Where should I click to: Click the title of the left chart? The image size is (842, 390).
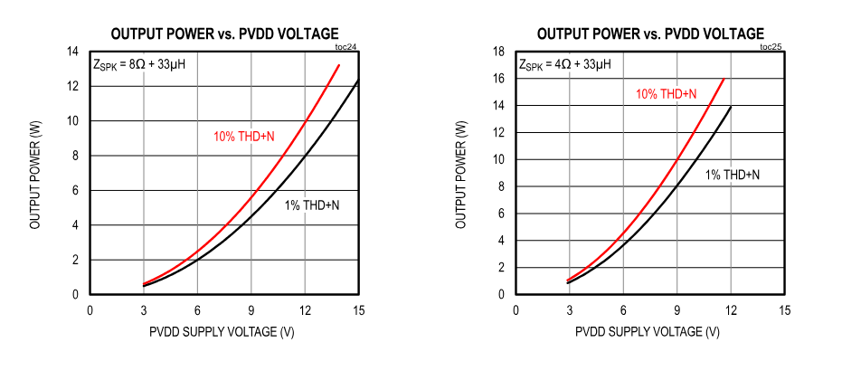[x=224, y=33]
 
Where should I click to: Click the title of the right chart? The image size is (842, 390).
[x=650, y=33]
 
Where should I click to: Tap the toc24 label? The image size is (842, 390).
[x=345, y=46]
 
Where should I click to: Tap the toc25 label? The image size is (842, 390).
[x=771, y=46]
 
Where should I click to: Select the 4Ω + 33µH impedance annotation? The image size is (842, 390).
[x=565, y=64]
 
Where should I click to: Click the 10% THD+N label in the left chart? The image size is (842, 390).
[x=244, y=137]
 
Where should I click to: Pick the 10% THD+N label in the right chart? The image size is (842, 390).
[x=666, y=94]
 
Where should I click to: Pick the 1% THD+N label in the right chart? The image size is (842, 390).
[x=733, y=175]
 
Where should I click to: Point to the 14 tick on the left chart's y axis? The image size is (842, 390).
[x=71, y=52]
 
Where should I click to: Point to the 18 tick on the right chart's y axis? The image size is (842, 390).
[x=497, y=52]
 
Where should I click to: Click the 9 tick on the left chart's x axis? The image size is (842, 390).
[x=251, y=310]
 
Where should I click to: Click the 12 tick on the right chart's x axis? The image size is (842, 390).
[x=731, y=310]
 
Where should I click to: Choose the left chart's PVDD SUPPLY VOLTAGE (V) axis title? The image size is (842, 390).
[x=222, y=332]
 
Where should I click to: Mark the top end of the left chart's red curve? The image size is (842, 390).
[x=339, y=65]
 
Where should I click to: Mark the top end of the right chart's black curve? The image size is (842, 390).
[x=730, y=107]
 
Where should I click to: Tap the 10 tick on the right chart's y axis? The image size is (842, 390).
[x=497, y=159]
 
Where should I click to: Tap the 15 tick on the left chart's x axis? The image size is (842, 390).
[x=359, y=310]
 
